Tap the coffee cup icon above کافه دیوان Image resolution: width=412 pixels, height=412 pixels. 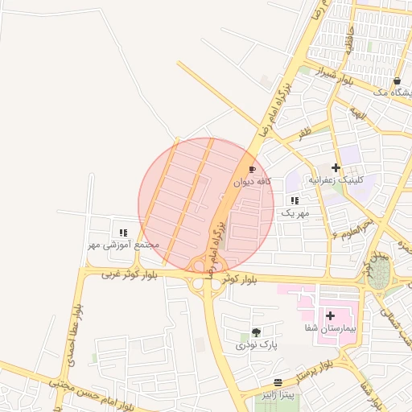pyautogui.click(x=251, y=170)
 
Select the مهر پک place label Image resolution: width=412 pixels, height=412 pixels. pyautogui.click(x=295, y=213)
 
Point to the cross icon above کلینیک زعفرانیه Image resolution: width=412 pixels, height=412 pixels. pyautogui.click(x=336, y=167)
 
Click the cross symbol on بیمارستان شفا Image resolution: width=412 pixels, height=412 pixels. pyautogui.click(x=330, y=315)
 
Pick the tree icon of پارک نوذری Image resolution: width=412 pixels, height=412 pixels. pyautogui.click(x=256, y=332)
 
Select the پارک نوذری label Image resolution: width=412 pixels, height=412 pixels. pyautogui.click(x=256, y=344)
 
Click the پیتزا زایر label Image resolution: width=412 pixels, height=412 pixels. pyautogui.click(x=277, y=395)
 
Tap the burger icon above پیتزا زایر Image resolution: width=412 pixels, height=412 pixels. pyautogui.click(x=278, y=382)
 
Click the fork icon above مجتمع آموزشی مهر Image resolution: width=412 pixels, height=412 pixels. pyautogui.click(x=123, y=232)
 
